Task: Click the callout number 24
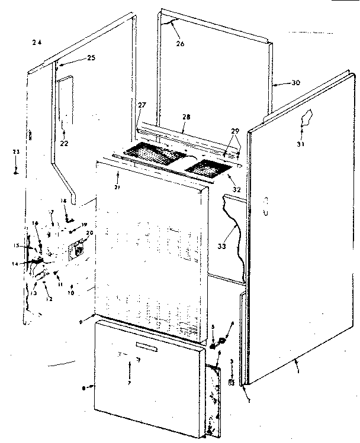pyautogui.click(x=38, y=42)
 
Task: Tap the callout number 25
pyautogui.click(x=91, y=58)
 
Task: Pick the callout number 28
pyautogui.click(x=187, y=118)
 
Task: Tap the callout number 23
pyautogui.click(x=17, y=153)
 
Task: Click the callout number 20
pyautogui.click(x=90, y=233)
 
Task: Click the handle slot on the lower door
pyautogui.click(x=152, y=343)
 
